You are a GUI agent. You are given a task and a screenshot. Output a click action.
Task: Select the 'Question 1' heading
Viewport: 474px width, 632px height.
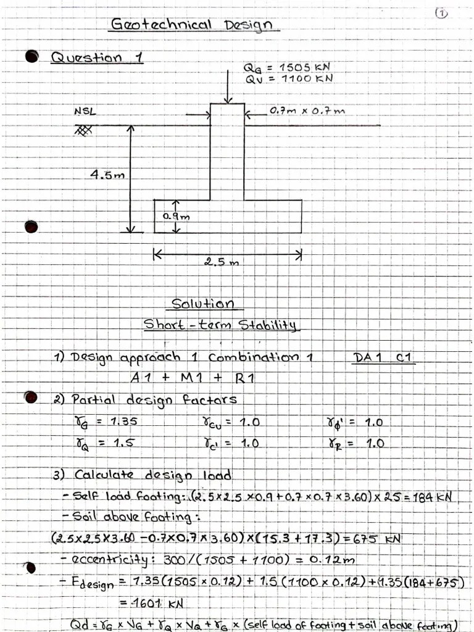coord(96,58)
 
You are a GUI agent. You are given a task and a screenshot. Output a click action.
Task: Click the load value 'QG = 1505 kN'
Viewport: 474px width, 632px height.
coord(288,67)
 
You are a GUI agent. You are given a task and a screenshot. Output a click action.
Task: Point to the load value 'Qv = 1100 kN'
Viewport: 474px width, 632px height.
coord(288,78)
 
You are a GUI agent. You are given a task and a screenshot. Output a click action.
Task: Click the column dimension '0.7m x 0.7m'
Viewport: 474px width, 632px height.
coord(307,111)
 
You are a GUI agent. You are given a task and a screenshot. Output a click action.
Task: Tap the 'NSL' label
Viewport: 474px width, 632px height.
coord(86,112)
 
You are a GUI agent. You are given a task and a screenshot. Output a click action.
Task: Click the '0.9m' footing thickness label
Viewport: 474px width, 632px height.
coord(177,216)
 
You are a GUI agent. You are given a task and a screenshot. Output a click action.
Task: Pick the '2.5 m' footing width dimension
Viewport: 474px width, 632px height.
coord(220,262)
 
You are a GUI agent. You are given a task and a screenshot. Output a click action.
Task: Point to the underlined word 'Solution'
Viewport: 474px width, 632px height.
coord(202,304)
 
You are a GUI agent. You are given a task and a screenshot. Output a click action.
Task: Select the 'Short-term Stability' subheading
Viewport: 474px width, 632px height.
coord(220,325)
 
